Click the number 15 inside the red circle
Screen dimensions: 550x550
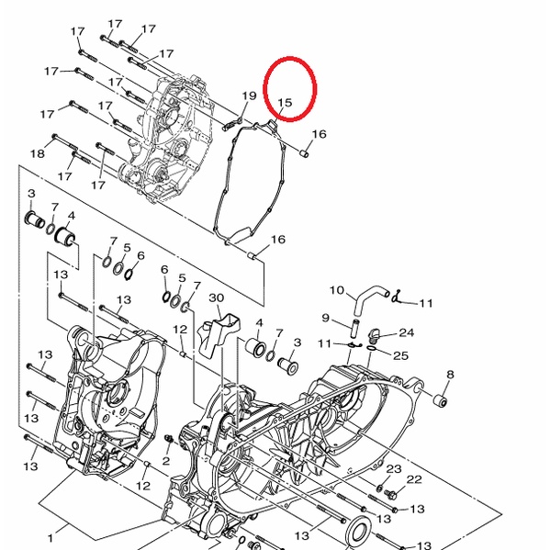pos(285,103)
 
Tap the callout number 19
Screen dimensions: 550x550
pos(250,95)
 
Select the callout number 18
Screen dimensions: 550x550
pos(38,153)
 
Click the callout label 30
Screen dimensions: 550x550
pos(217,297)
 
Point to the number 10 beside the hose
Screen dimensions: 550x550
pos(337,290)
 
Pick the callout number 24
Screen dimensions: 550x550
pos(407,332)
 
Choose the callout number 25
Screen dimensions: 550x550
pos(401,355)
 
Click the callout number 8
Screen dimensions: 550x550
pos(450,375)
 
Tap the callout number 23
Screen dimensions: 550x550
pos(394,468)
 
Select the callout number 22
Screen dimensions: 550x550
pos(414,479)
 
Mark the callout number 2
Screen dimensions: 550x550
pos(166,461)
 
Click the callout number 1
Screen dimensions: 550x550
pos(51,538)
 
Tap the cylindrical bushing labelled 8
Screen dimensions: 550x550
pos(440,400)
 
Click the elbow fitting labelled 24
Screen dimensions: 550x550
pos(375,336)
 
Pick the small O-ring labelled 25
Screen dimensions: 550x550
pos(371,348)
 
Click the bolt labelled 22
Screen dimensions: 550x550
pos(390,494)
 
